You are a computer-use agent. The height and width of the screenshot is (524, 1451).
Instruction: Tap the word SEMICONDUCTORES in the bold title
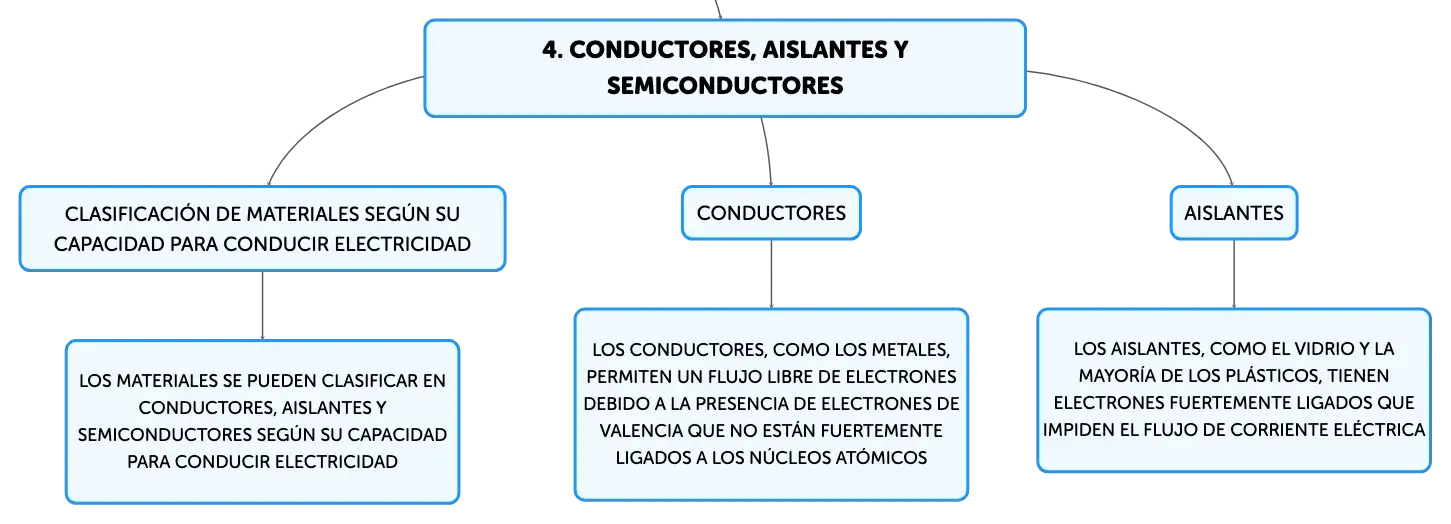pos(725,85)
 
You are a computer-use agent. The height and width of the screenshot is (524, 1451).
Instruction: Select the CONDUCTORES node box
pos(771,213)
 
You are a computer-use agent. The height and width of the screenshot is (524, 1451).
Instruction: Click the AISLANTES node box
pos(1233,213)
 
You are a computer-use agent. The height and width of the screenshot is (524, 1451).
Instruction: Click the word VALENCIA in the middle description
pos(640,431)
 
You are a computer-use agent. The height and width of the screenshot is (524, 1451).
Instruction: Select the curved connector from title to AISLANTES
pos(1160,104)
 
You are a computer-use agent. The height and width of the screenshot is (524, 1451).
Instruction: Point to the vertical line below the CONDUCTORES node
pos(771,274)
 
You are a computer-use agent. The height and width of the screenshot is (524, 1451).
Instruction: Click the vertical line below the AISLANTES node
pos(1233,274)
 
